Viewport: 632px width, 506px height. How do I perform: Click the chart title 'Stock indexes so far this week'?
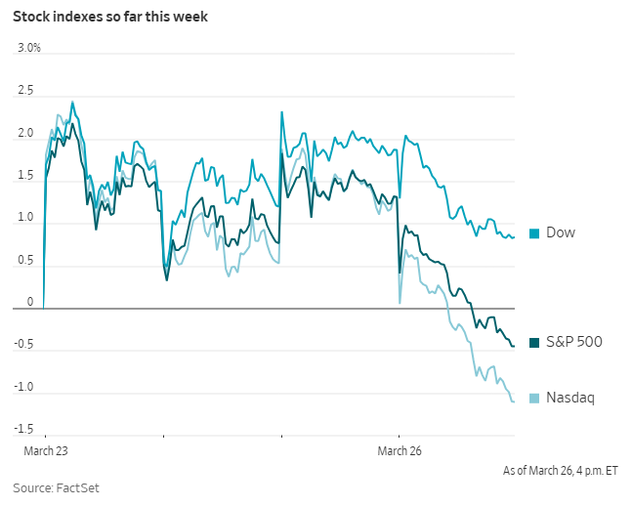click(x=109, y=17)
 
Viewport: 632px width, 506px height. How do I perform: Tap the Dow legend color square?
click(x=533, y=232)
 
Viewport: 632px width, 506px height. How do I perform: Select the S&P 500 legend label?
click(x=573, y=342)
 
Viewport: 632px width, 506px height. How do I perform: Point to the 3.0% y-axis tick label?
click(x=28, y=48)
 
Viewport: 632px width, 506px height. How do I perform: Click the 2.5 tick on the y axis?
click(x=25, y=91)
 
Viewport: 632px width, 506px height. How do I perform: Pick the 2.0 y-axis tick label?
click(x=25, y=133)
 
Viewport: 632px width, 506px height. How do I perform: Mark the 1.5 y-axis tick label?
click(x=25, y=176)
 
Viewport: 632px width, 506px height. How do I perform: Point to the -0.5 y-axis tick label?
click(x=23, y=345)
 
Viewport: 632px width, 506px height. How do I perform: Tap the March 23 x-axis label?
click(x=47, y=451)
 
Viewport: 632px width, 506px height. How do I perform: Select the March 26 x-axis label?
click(x=400, y=451)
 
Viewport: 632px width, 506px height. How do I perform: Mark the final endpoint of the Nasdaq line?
click(x=514, y=401)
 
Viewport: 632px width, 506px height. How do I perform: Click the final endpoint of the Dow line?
click(x=514, y=236)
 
